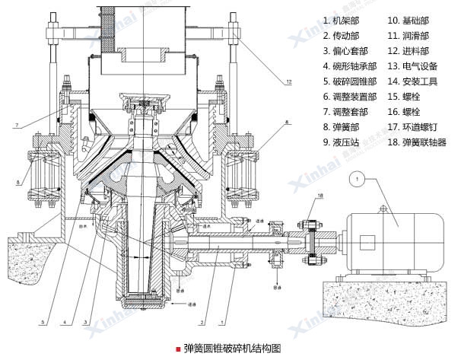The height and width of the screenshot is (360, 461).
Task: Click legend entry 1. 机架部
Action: click(x=345, y=21)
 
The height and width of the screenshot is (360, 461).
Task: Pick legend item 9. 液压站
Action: click(x=345, y=142)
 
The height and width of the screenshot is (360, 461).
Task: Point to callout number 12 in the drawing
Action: click(x=289, y=81)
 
